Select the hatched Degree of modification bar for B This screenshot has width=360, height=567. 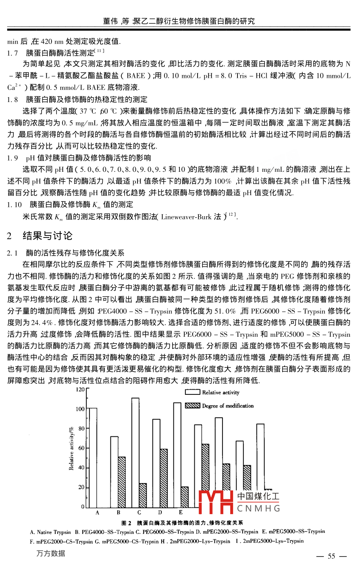point(122,482)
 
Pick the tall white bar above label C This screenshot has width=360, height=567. point(135,452)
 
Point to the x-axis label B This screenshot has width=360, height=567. point(119,513)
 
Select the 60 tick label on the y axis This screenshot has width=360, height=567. point(81,448)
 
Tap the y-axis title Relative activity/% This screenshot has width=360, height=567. point(71,448)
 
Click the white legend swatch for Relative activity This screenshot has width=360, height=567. point(193,392)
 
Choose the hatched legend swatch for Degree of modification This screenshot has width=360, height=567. point(193,405)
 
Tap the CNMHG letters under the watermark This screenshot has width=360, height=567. point(258,509)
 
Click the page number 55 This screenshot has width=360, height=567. point(331,557)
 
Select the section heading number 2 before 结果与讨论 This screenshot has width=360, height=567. point(9,236)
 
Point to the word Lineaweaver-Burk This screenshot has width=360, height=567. point(186,217)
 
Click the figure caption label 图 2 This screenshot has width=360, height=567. point(127,523)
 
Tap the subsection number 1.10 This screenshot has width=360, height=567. point(15,205)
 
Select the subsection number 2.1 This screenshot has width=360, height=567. point(12,253)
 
